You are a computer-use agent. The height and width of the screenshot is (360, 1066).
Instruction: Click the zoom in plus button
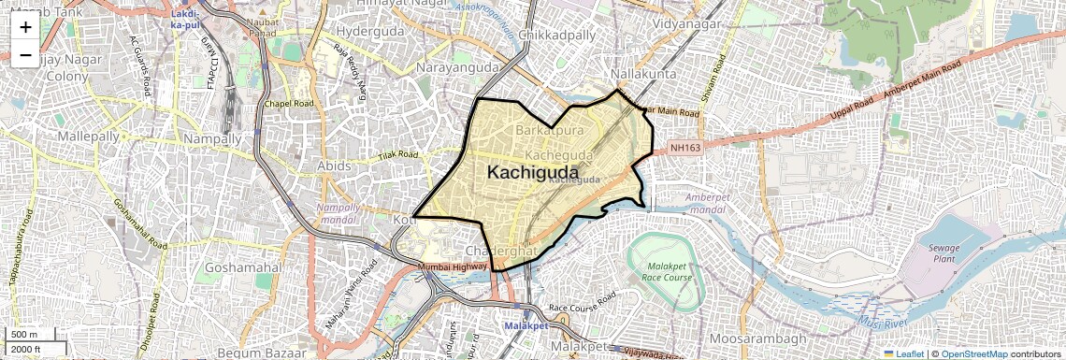[x=25, y=27]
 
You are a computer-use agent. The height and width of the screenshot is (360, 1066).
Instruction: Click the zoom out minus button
[x=25, y=55]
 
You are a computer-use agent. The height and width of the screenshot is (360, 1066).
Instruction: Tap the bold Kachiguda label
[x=532, y=172]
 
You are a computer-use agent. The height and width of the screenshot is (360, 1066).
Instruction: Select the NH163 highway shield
[x=685, y=148]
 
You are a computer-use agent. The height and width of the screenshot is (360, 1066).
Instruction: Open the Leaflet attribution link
[x=903, y=353]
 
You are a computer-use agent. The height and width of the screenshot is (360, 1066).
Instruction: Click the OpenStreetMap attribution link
[x=973, y=353]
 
